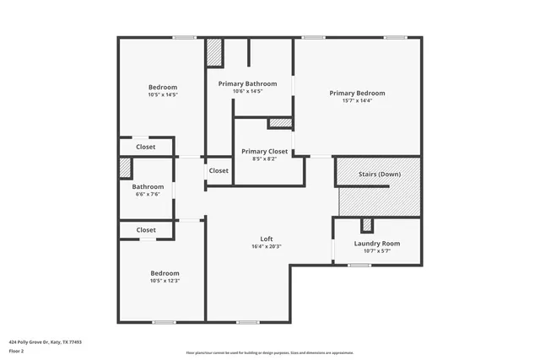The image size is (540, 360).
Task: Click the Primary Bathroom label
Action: [x=247, y=83]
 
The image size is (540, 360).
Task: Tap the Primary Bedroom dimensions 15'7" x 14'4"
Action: [x=357, y=101]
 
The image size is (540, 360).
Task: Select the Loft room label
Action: [x=267, y=239]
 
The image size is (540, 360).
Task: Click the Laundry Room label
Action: [x=376, y=244]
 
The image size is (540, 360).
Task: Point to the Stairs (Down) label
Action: [x=379, y=174]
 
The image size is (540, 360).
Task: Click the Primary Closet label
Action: [x=264, y=151]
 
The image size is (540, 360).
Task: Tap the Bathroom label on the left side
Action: [x=147, y=186]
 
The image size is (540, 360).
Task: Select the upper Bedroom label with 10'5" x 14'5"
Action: [x=163, y=88]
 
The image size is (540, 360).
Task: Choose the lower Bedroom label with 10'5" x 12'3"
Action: [x=165, y=273]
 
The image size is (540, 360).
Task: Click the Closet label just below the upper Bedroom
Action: [x=146, y=147]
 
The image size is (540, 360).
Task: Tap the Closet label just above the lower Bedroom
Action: [x=146, y=229]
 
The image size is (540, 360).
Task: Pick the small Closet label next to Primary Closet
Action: [x=219, y=170]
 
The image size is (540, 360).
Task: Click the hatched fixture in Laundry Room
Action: [x=366, y=225]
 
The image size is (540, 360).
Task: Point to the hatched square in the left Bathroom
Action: [x=125, y=168]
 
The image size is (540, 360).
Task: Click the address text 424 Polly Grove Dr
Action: [x=45, y=342]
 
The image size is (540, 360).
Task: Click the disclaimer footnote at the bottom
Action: [x=270, y=353]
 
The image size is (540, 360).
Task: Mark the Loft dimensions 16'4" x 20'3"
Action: [x=267, y=247]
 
